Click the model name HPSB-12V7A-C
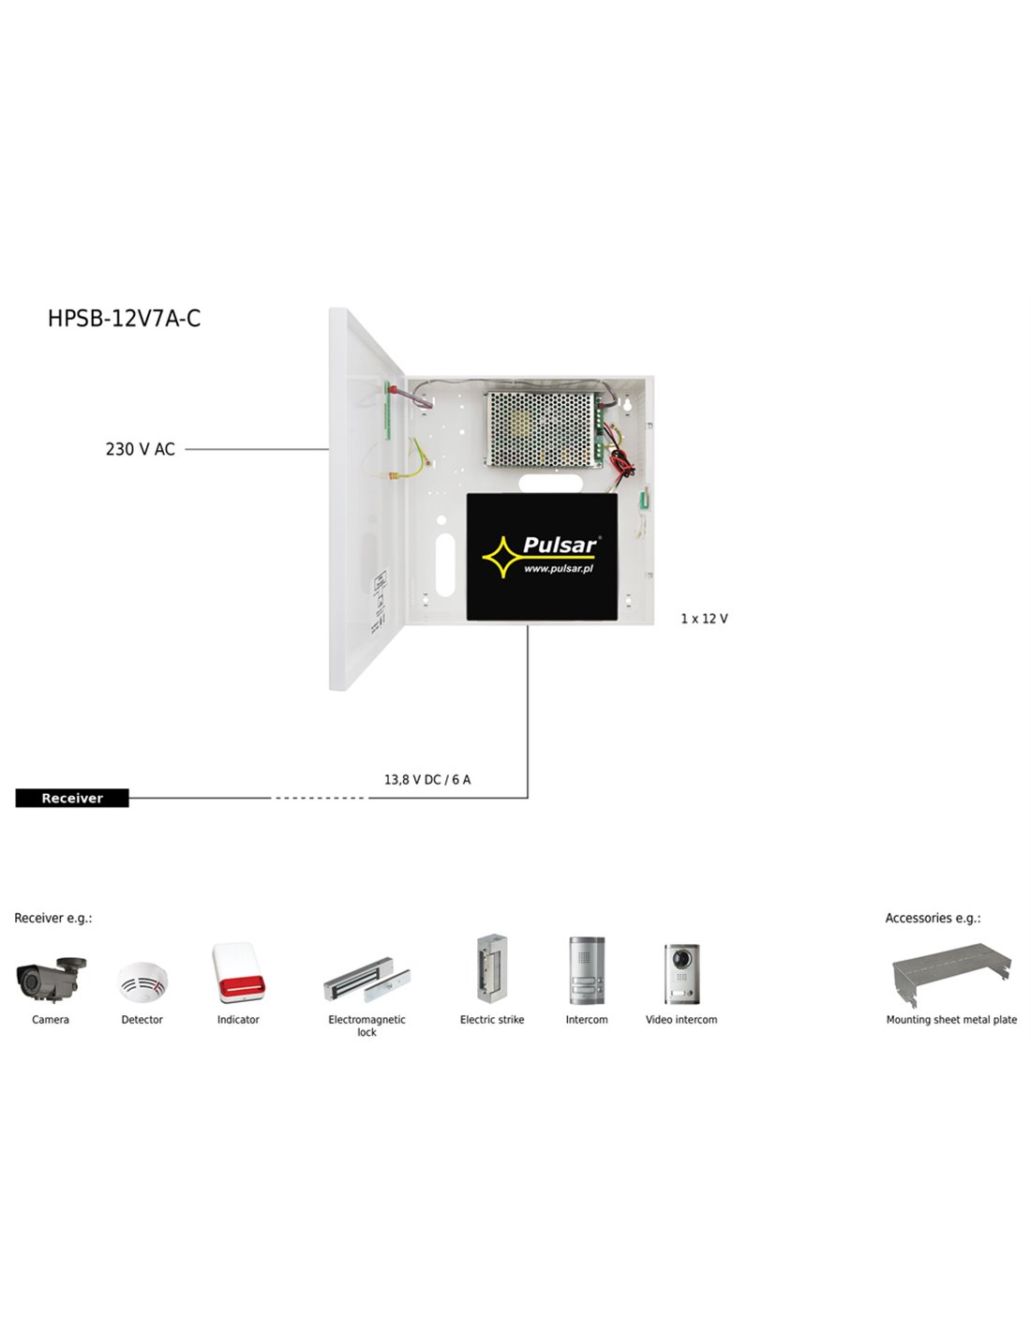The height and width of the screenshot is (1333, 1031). point(124,319)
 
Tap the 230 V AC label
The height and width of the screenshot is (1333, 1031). point(141,449)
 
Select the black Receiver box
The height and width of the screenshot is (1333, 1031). point(72,798)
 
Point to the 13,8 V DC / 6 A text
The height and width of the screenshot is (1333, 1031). point(427,780)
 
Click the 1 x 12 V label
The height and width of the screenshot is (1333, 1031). point(704,619)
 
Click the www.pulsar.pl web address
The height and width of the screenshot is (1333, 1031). point(558,569)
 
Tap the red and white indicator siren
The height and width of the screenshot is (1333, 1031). point(239,973)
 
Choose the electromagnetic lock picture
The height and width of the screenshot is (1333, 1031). point(366,979)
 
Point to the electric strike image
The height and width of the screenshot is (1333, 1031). point(492,968)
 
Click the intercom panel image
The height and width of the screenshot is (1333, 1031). point(587,970)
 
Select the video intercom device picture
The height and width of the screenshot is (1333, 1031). point(681,974)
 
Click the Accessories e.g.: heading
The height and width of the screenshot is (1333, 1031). point(933,919)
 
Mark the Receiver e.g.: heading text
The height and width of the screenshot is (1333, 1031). point(53,919)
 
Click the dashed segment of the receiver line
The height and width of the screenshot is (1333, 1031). point(320,798)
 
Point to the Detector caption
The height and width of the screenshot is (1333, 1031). point(142,1020)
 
